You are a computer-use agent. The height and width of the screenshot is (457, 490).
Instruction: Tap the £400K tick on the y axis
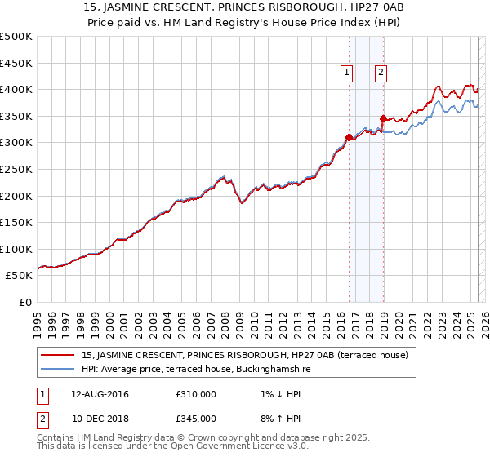pos(17,89)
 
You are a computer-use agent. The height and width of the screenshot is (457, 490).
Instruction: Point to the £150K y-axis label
pos(17,222)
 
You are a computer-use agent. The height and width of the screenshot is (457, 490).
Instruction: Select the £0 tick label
pos(26,302)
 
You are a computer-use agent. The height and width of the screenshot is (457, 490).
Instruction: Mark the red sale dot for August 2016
pos(349,137)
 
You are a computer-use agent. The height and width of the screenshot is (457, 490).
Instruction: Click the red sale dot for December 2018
pos(382,119)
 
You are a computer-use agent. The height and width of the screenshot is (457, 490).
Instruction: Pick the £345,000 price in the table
pos(196,418)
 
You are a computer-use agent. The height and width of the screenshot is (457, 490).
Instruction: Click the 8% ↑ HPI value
pos(273,418)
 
